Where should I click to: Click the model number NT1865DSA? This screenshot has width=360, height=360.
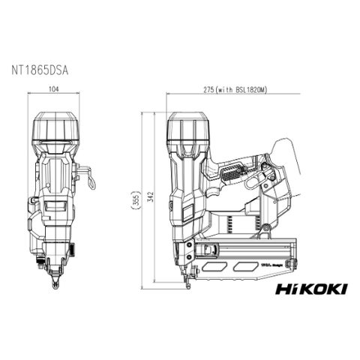pyautogui.click(x=40, y=70)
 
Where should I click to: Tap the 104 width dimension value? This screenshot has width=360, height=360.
pyautogui.click(x=54, y=89)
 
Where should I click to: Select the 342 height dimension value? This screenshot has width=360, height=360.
pyautogui.click(x=150, y=200)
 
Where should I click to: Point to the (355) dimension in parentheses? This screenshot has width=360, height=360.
pyautogui.click(x=136, y=200)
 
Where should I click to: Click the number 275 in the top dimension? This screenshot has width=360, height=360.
pyautogui.click(x=209, y=89)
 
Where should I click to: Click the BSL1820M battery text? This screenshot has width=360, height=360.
pyautogui.click(x=250, y=89)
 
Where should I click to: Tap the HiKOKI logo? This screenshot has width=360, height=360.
pyautogui.click(x=311, y=289)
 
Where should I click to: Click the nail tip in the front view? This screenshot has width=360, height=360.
pyautogui.click(x=55, y=283)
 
